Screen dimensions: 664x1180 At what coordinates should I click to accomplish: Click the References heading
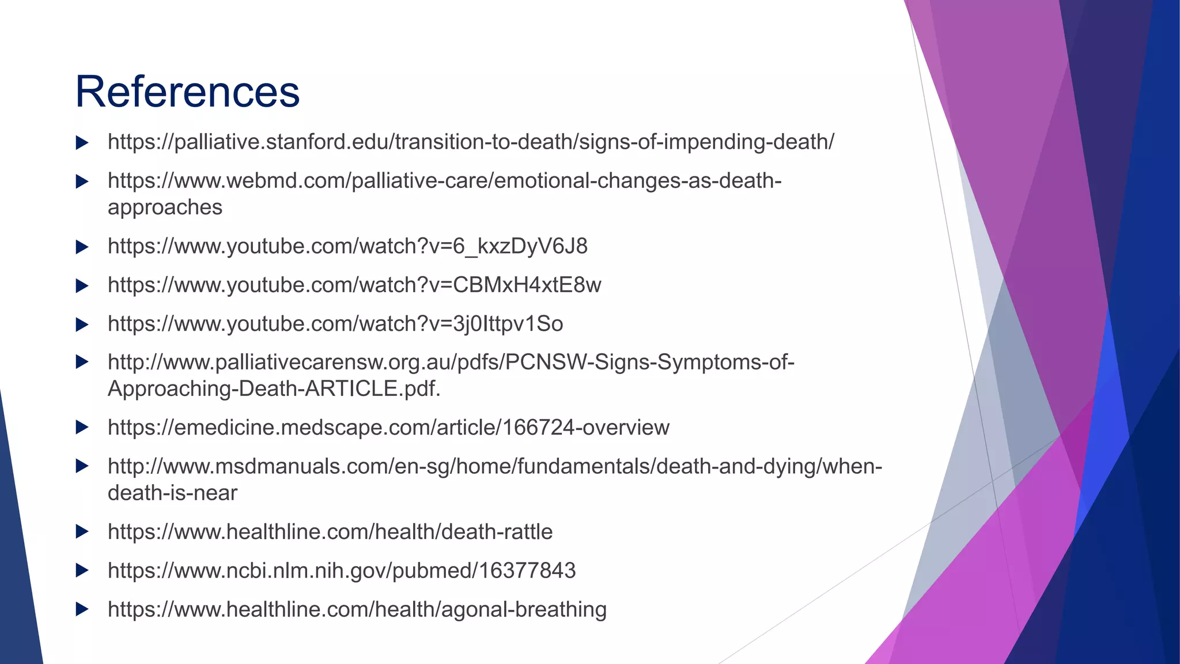(x=187, y=92)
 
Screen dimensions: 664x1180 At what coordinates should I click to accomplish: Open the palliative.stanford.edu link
(x=471, y=142)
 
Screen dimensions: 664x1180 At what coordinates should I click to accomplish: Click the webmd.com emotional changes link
(x=444, y=181)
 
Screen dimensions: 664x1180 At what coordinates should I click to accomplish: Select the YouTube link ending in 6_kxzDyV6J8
(x=347, y=246)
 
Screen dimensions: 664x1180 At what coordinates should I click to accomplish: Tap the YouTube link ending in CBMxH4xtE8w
(x=354, y=285)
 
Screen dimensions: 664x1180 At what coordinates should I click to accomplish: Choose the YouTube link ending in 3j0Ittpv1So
(x=335, y=324)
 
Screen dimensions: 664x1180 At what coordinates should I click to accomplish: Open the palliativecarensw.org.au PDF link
(x=451, y=363)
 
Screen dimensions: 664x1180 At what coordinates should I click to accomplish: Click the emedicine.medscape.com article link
(x=388, y=428)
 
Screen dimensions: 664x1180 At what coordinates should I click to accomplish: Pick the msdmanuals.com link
(x=494, y=466)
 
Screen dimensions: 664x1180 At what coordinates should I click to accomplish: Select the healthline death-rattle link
(x=330, y=531)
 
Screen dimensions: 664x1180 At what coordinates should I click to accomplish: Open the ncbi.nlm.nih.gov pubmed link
(x=342, y=571)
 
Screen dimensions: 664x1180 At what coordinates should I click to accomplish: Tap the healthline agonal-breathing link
(x=357, y=609)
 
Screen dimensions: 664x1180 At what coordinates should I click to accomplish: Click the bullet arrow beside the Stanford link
(x=82, y=142)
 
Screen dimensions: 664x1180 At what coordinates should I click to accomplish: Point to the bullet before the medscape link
(x=82, y=428)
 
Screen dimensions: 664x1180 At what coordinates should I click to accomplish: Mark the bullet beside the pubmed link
(x=82, y=571)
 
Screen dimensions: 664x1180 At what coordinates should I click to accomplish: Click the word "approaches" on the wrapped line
(x=165, y=207)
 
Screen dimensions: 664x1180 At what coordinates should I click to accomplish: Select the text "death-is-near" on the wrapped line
(x=172, y=493)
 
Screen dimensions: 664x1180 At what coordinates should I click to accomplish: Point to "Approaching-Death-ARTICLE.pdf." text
(x=274, y=389)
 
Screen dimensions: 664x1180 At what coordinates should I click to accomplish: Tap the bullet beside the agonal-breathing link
(x=82, y=609)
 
